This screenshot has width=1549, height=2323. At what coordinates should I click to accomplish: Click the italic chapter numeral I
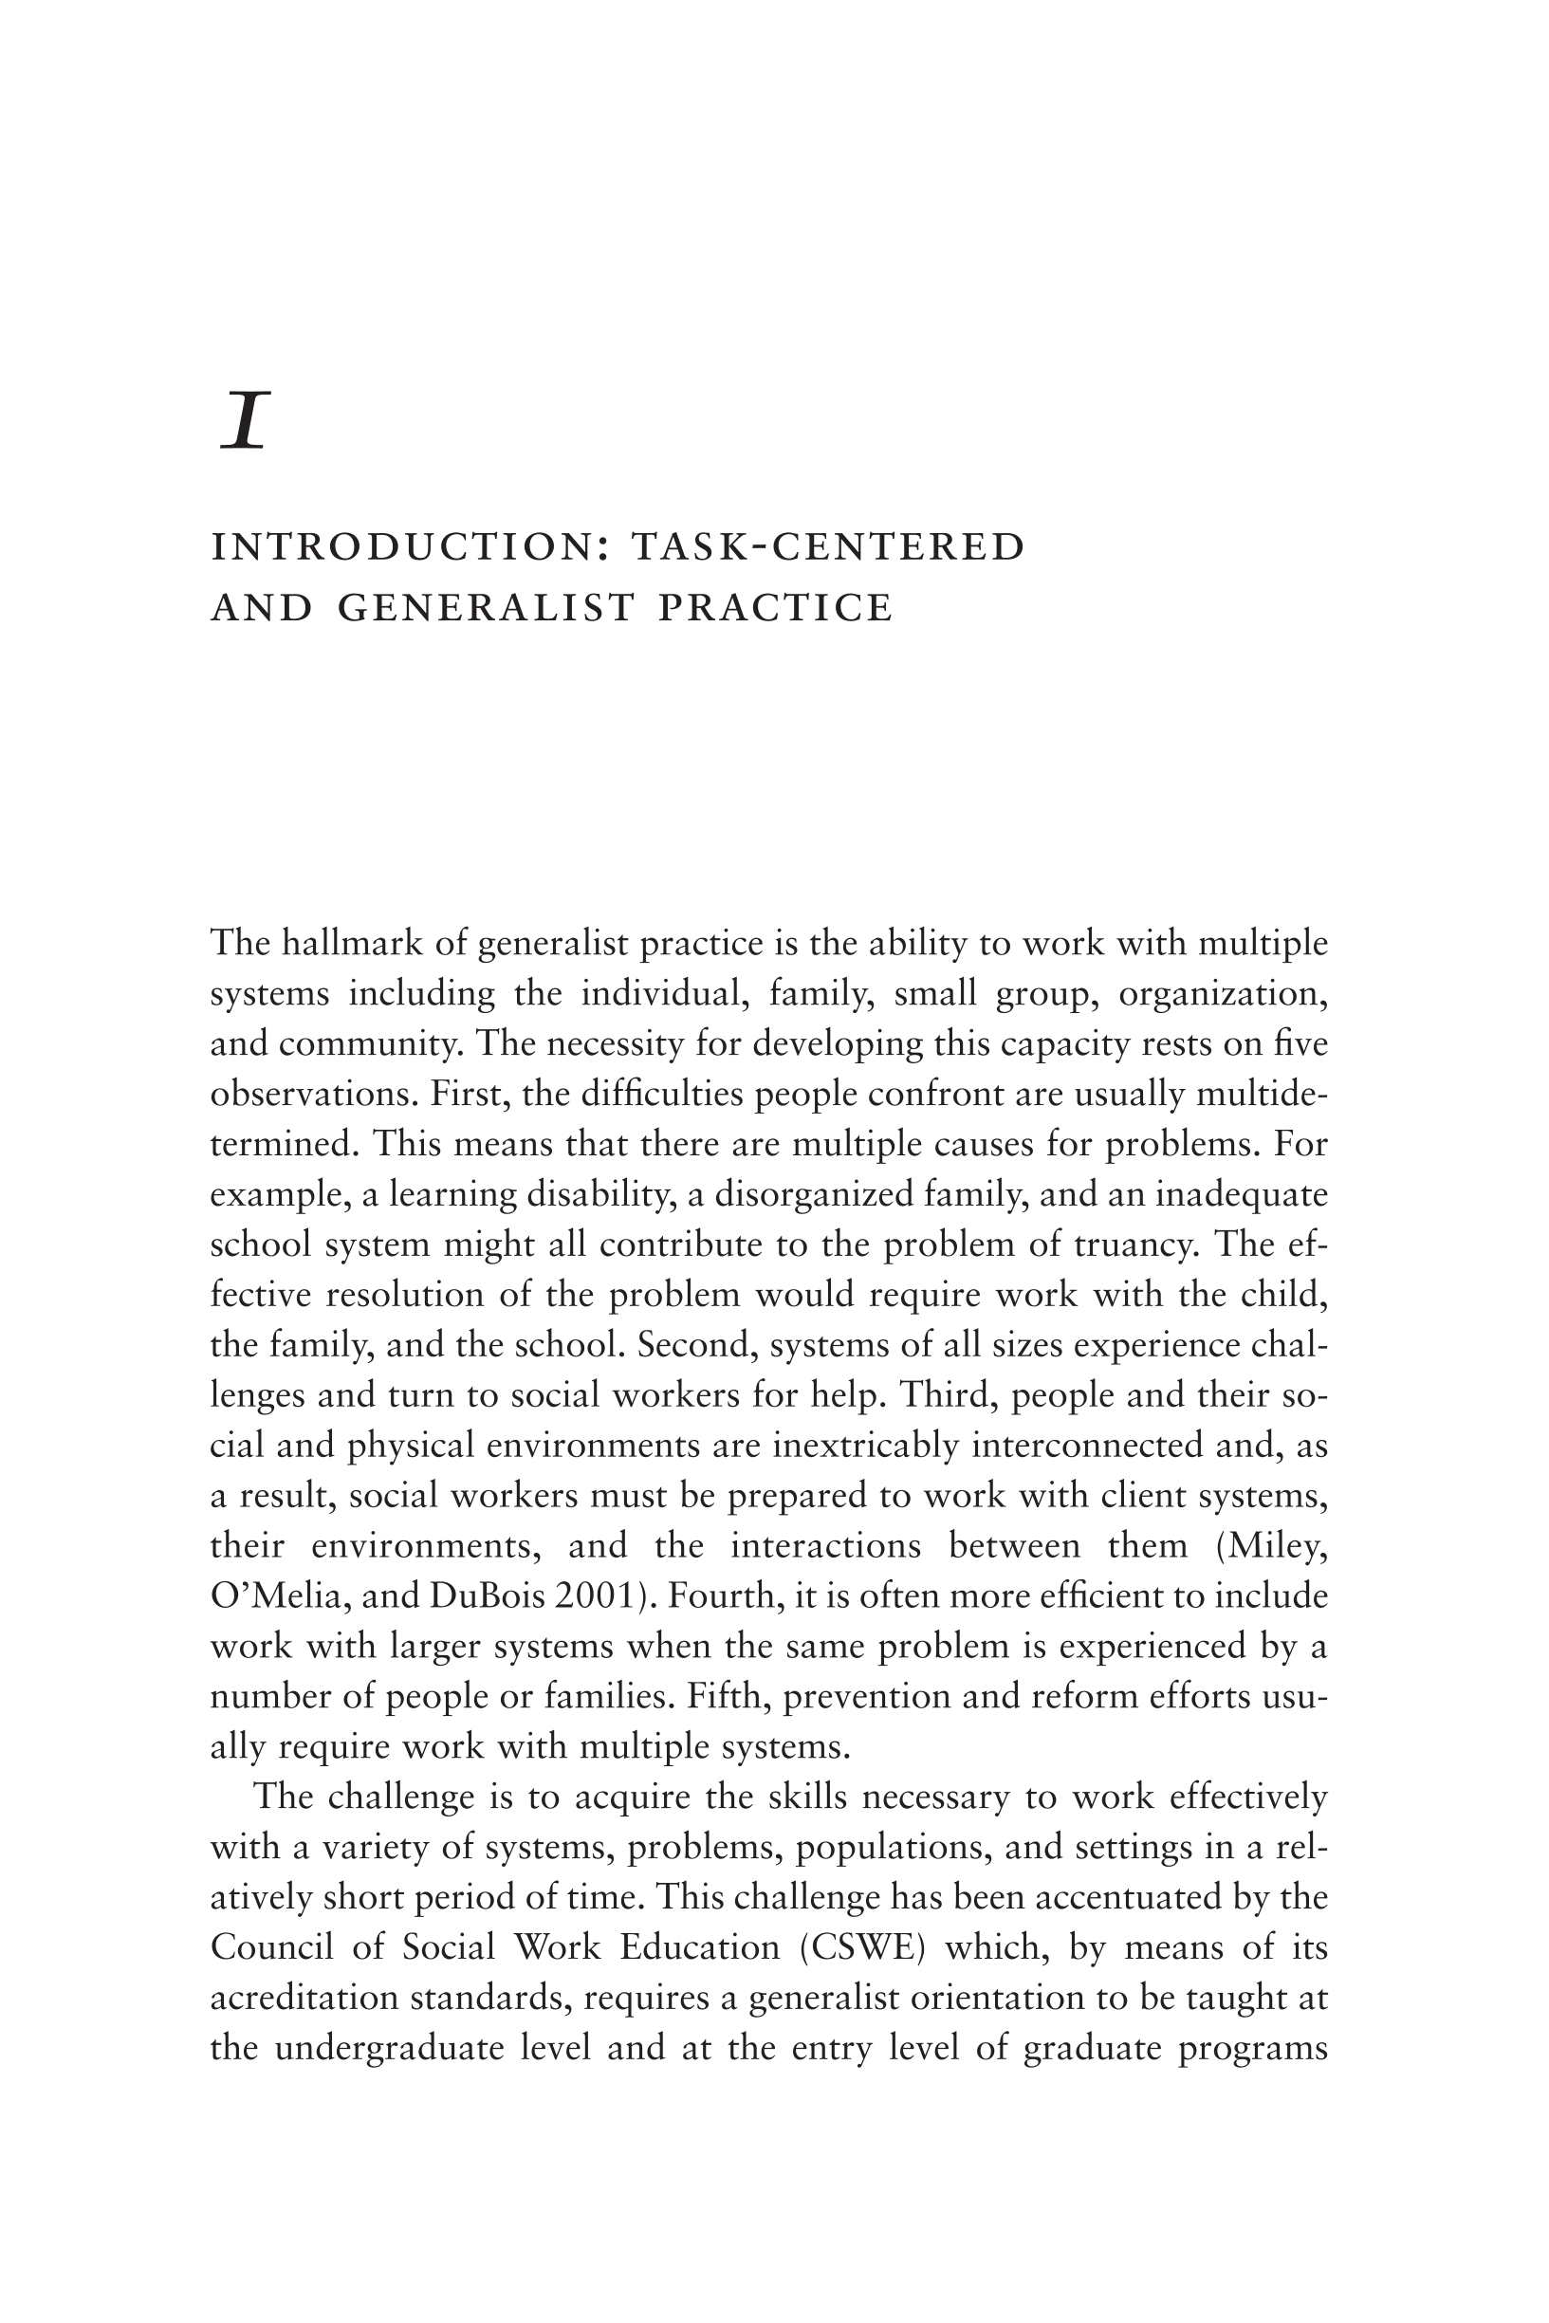[245, 421]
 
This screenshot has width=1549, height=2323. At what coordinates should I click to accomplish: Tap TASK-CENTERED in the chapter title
[828, 547]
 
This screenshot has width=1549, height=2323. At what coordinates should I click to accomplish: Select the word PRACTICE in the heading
[776, 607]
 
